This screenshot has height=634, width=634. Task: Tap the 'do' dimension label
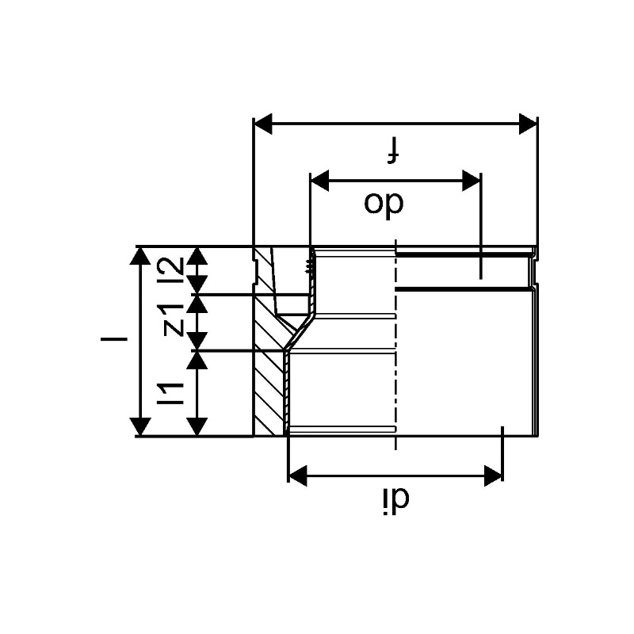tap(384, 204)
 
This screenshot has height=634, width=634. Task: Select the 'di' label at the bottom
tap(395, 502)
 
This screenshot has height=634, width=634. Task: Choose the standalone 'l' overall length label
tap(114, 338)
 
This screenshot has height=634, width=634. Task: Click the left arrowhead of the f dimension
tap(263, 124)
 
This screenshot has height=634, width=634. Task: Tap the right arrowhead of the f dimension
tap(528, 124)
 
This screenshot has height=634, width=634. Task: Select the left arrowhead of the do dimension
tap(319, 181)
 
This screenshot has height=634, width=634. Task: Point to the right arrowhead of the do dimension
tap(472, 181)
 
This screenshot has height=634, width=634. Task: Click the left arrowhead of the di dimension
tap(297, 475)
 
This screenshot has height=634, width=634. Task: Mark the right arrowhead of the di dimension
tap(494, 475)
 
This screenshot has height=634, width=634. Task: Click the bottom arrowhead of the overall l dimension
tap(140, 427)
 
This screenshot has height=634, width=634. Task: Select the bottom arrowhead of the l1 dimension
tap(197, 427)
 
